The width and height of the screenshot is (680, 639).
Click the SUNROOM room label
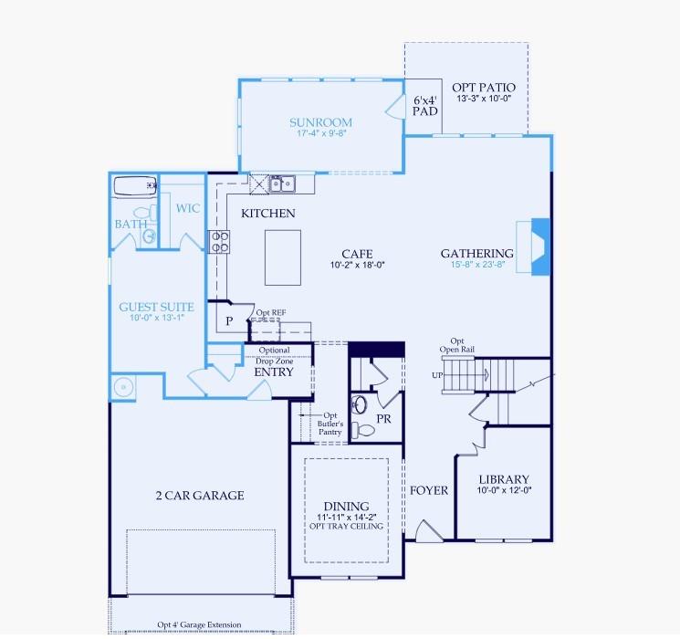point(320,122)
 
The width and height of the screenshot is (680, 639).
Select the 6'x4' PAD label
point(425,105)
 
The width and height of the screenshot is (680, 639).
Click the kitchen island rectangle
point(283,257)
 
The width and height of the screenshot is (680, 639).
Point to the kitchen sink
point(282,183)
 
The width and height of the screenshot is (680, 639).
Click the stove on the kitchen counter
point(221,241)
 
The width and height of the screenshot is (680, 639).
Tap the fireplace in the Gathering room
point(540,245)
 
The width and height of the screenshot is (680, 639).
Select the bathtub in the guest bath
point(133,187)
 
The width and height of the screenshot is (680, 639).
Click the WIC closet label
point(188,208)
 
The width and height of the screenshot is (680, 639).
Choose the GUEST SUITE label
point(156,307)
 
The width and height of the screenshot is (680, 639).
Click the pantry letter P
point(229,322)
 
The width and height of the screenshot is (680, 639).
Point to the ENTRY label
point(274,372)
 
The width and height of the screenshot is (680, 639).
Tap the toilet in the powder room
point(364,430)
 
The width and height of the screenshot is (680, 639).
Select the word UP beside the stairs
point(437,375)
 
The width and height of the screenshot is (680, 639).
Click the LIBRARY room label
point(504,479)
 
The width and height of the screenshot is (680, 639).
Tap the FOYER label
point(429,490)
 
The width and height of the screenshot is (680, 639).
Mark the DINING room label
point(346,506)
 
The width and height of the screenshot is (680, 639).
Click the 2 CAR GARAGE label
point(199,496)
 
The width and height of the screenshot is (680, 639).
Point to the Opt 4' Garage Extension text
point(199,625)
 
